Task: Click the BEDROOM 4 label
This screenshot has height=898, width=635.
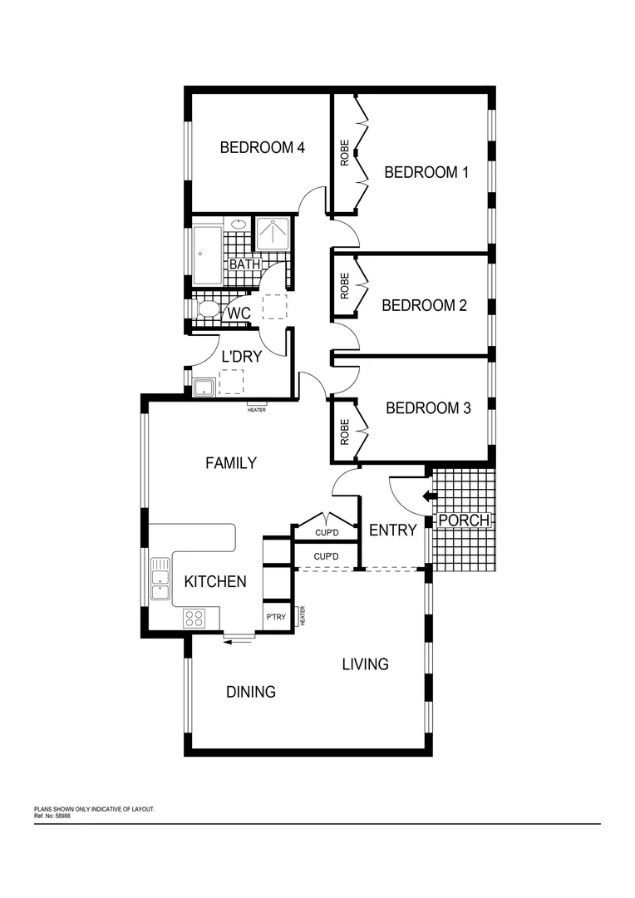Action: pyautogui.click(x=262, y=148)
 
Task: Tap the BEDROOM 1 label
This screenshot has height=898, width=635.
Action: pyautogui.click(x=426, y=173)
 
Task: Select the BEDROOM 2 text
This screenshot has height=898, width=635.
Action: pyautogui.click(x=424, y=305)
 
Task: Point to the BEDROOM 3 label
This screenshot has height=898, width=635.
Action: pyautogui.click(x=428, y=408)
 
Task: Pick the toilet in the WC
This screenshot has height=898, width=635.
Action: pyautogui.click(x=207, y=310)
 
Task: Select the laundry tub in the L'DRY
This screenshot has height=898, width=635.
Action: pyautogui.click(x=204, y=387)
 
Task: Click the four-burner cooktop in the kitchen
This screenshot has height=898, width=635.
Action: pyautogui.click(x=194, y=618)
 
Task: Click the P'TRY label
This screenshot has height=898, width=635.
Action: pyautogui.click(x=276, y=618)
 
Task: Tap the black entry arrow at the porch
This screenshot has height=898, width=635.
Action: pyautogui.click(x=430, y=496)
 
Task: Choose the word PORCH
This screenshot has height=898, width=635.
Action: pyautogui.click(x=464, y=521)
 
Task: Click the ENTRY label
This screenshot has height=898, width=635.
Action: pyautogui.click(x=392, y=530)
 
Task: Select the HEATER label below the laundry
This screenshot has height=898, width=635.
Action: pyautogui.click(x=257, y=410)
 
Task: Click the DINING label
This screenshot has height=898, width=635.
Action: pyautogui.click(x=251, y=692)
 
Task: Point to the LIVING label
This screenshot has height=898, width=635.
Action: pyautogui.click(x=366, y=664)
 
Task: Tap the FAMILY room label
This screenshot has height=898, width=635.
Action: pyautogui.click(x=231, y=463)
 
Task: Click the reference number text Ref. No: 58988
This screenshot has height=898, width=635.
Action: pyautogui.click(x=52, y=817)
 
